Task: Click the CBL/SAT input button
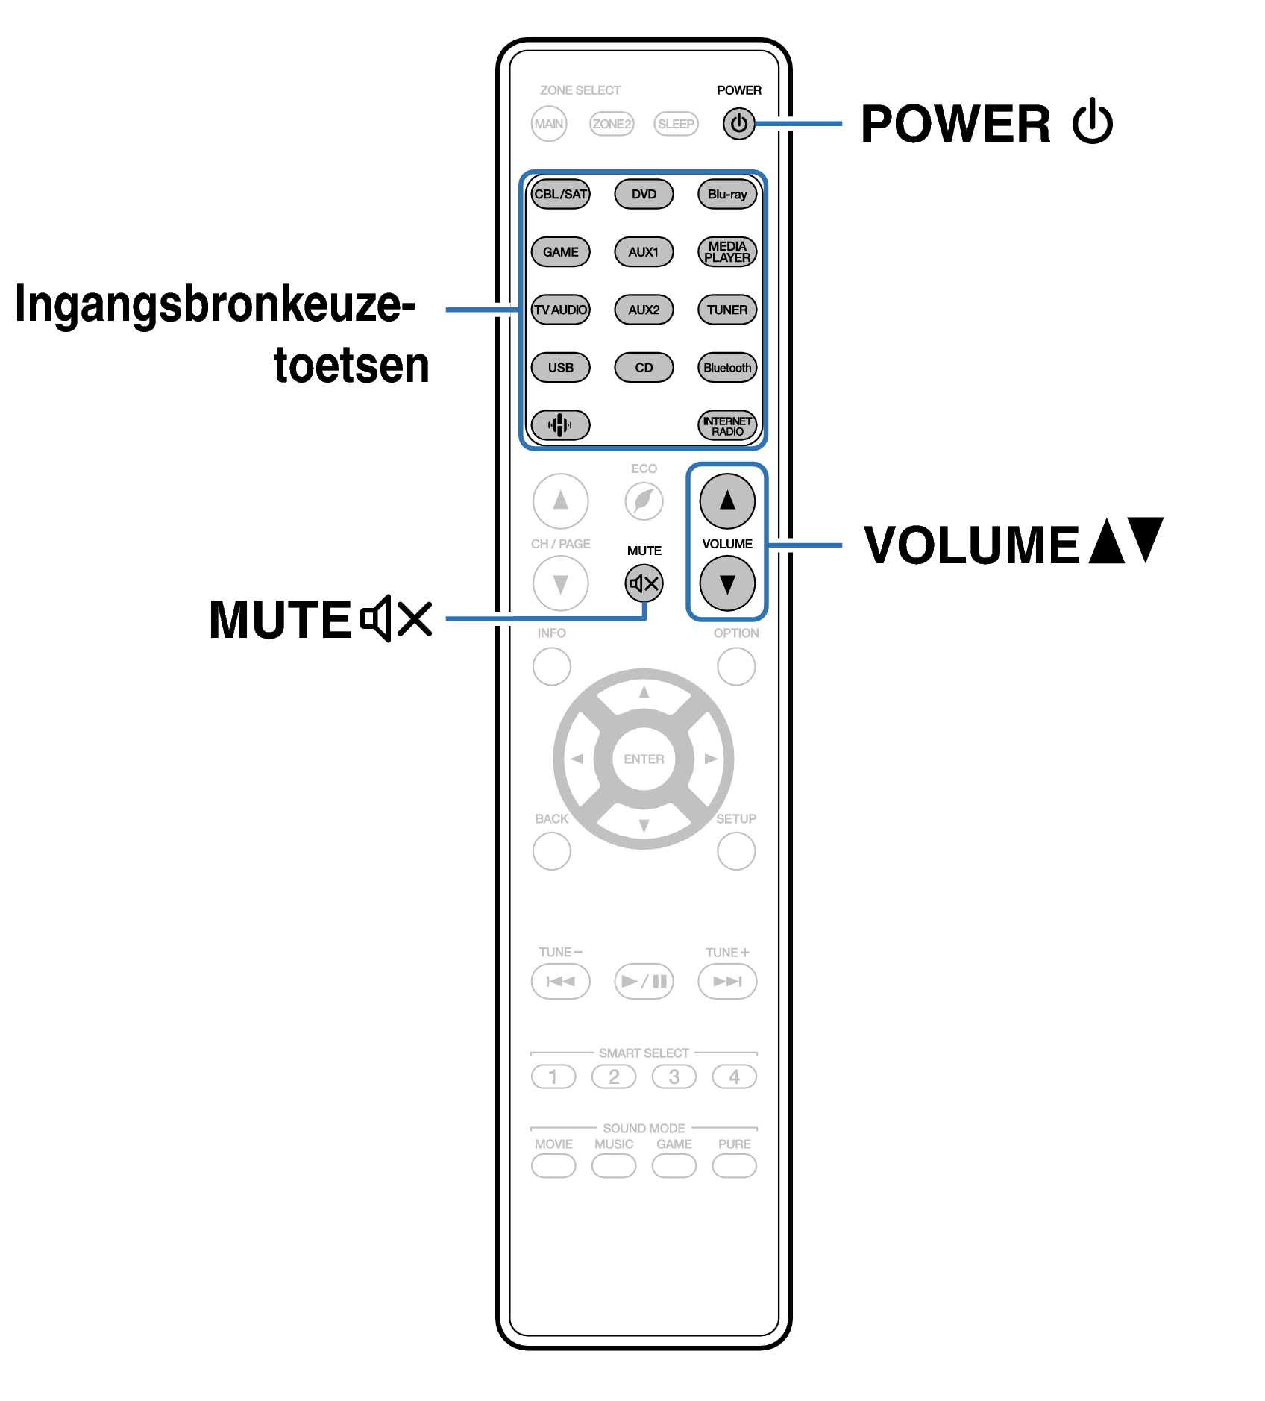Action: click(x=560, y=195)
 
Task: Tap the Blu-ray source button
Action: click(x=727, y=195)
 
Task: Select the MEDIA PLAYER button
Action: click(x=727, y=252)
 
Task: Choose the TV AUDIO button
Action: click(x=560, y=310)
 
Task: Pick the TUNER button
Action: click(x=727, y=310)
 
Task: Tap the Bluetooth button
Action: click(x=727, y=368)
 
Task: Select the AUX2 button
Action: click(x=644, y=310)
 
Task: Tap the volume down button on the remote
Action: click(x=727, y=583)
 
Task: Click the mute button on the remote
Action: click(x=644, y=583)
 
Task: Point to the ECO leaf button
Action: click(x=644, y=501)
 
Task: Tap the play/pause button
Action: click(x=644, y=981)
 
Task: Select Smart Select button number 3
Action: click(x=674, y=1076)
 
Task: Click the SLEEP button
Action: click(x=676, y=124)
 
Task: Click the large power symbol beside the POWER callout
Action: click(x=1093, y=122)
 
